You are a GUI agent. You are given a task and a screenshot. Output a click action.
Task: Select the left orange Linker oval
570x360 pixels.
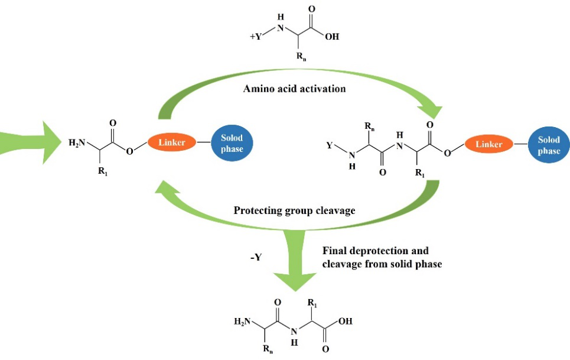point(171,142)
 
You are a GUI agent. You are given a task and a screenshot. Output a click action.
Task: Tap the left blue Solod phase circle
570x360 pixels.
point(232,143)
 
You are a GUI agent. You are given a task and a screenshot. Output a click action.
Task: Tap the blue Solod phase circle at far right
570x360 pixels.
point(549,145)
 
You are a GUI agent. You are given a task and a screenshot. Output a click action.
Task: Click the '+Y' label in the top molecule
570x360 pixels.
point(256,36)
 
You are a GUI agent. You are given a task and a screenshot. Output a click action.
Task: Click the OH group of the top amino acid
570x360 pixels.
point(332,36)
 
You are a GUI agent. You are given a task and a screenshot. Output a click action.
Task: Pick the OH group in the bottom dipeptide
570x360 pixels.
point(346,322)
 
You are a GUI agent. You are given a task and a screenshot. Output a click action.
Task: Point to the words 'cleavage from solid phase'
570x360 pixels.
point(382,264)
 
